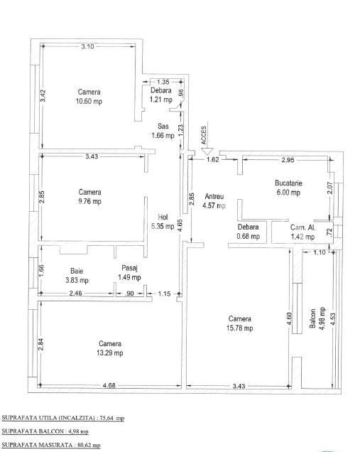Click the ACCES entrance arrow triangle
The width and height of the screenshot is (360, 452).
click(x=207, y=151)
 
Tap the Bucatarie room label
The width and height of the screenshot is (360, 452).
click(x=288, y=183)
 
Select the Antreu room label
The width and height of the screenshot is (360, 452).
click(x=214, y=197)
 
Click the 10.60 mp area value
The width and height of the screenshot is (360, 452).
click(x=89, y=101)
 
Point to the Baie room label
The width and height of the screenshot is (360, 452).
click(x=77, y=271)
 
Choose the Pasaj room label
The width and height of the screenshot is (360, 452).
click(x=129, y=268)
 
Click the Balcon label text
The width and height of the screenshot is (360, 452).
click(x=312, y=318)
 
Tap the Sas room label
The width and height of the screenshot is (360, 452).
click(x=163, y=126)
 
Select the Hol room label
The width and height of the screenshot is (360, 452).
click(x=163, y=217)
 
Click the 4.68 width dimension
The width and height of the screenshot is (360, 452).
click(x=109, y=385)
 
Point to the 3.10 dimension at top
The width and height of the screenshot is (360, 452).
click(x=87, y=46)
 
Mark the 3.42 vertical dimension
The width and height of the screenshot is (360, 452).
click(x=43, y=95)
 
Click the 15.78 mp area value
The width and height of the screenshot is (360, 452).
click(x=239, y=328)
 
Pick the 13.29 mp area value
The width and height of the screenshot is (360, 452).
click(x=110, y=353)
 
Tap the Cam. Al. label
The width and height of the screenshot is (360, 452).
click(x=302, y=227)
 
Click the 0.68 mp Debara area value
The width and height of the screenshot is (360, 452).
click(x=249, y=237)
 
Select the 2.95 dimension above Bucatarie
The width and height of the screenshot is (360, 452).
click(x=288, y=160)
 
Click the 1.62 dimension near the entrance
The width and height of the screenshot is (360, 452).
click(x=213, y=160)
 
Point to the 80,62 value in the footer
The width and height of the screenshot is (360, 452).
click(x=84, y=445)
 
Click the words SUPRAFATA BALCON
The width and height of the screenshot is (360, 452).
click(x=33, y=431)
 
